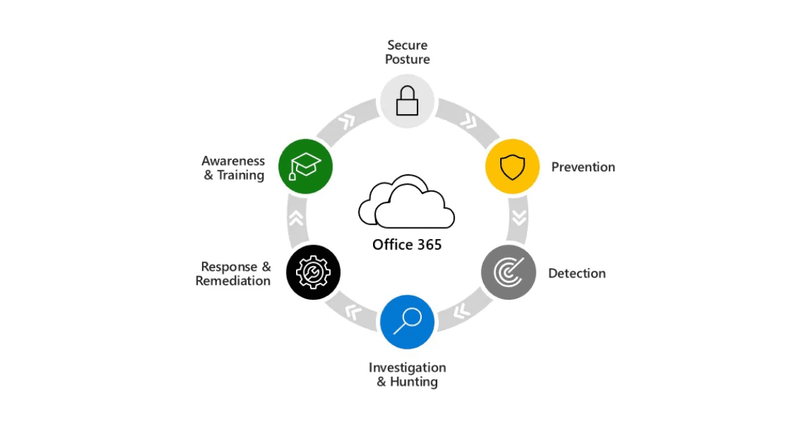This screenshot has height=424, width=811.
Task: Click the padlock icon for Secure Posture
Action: coord(408,101)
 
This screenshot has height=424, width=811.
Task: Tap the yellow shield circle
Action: coord(512,166)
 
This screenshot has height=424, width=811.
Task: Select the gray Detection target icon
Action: coord(508,272)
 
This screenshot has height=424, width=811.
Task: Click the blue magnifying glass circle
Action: coord(408,322)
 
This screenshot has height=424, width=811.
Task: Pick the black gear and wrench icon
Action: coord(313,272)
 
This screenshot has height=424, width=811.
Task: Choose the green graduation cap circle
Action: coord(305,166)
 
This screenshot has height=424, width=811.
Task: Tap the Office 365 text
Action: coord(407,245)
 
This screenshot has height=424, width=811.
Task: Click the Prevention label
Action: coord(583,167)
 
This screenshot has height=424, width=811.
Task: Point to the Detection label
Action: coord(576,273)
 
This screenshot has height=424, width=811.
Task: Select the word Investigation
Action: coord(408,368)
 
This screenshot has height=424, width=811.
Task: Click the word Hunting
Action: coord(414,381)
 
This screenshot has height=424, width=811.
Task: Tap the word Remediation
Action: coord(232,281)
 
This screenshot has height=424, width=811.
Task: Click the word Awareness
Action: coord(233,161)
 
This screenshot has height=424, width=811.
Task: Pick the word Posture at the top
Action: coord(408,59)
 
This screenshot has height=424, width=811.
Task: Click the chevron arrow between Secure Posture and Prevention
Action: coord(469,121)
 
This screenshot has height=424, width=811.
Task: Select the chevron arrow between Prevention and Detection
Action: coord(520,218)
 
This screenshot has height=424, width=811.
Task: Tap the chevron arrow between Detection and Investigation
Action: coord(462,311)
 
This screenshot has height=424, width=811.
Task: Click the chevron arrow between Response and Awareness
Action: coord(296,218)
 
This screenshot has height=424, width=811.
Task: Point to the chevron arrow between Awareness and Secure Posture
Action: coord(347,122)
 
